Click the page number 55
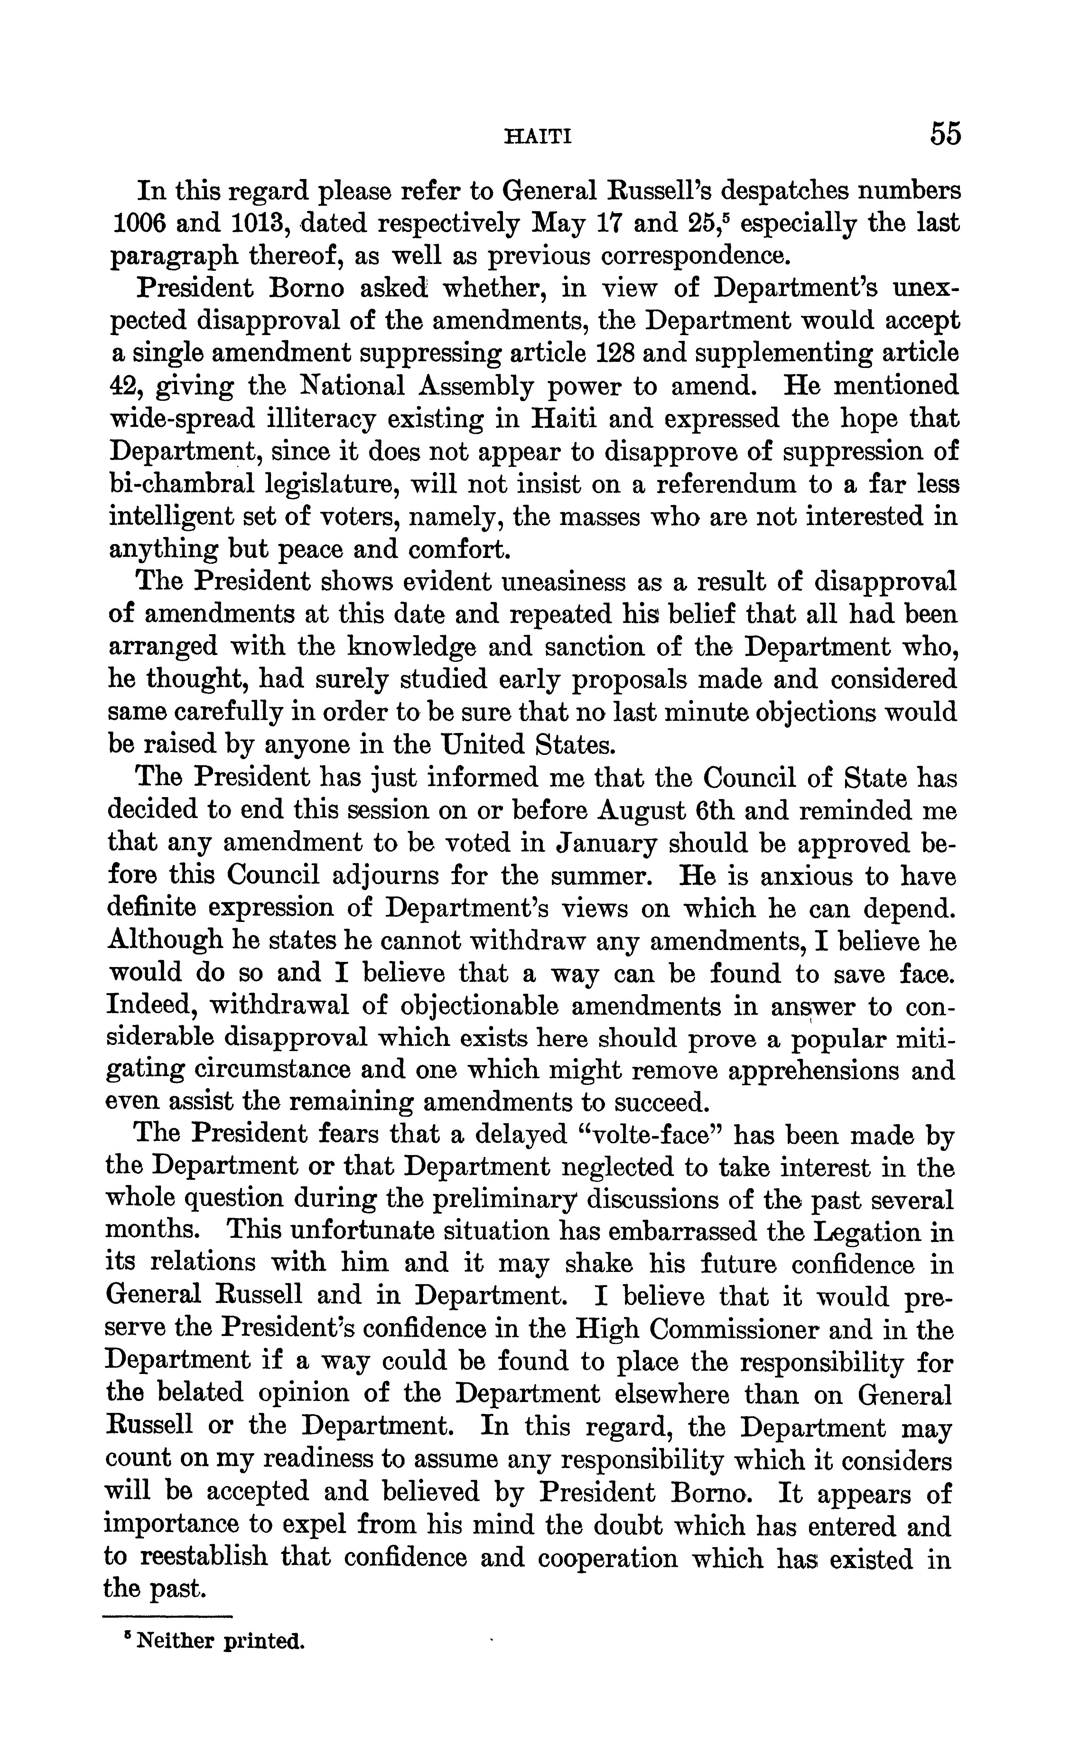point(945,134)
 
